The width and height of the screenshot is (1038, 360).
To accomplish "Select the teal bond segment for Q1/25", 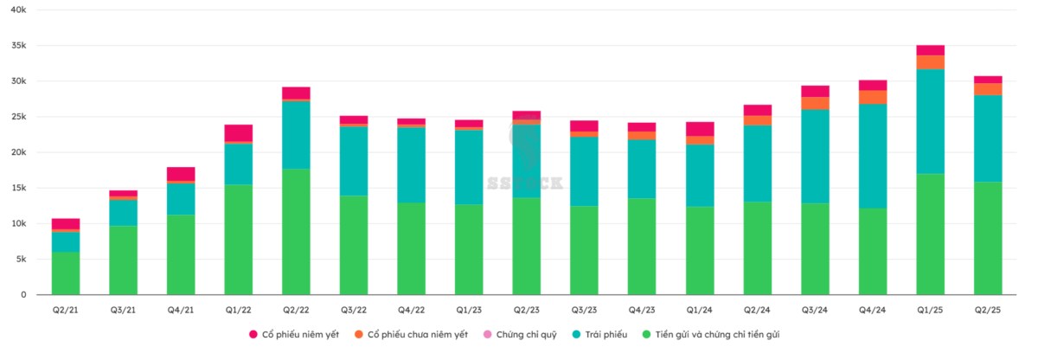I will (930, 121).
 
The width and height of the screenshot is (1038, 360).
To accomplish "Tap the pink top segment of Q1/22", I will (238, 132).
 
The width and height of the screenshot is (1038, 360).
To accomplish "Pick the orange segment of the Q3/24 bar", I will (815, 103).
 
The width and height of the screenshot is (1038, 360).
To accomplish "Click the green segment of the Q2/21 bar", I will (66, 273).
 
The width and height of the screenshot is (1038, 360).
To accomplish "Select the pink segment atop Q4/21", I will (181, 173).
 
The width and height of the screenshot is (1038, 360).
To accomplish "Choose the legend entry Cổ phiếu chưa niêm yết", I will (417, 334).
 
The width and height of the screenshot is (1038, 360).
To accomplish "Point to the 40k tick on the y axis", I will (17, 10).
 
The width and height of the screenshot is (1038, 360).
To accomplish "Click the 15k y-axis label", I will (17, 188).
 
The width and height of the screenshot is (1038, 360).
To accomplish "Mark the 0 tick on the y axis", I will (24, 295).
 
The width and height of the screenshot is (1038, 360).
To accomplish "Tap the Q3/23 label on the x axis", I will (584, 309).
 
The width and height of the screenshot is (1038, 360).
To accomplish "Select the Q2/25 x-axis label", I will (988, 309).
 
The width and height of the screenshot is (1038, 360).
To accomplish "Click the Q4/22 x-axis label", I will (411, 309).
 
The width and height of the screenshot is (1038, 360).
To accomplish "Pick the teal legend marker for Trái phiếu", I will (575, 334).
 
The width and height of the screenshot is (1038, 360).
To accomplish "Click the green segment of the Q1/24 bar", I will (700, 251).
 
